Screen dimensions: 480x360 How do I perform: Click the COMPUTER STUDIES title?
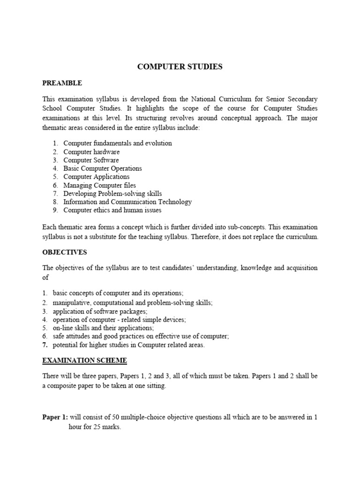click(x=180, y=67)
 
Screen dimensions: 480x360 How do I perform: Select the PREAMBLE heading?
click(x=62, y=83)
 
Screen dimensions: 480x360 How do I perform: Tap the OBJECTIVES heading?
click(x=65, y=252)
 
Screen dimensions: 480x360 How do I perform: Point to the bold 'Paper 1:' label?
click(x=55, y=417)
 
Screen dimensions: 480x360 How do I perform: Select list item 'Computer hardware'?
click(x=91, y=152)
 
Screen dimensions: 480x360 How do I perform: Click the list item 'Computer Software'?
click(x=91, y=160)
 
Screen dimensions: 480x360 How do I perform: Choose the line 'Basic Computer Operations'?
click(x=102, y=168)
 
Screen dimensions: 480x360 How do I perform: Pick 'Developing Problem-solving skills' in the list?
click(x=112, y=194)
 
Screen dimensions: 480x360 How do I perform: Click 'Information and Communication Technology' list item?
click(x=127, y=202)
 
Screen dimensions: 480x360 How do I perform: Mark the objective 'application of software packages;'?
click(x=100, y=311)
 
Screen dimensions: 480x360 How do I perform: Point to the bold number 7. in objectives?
click(x=45, y=345)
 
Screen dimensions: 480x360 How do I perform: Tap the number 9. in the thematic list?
click(x=55, y=210)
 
